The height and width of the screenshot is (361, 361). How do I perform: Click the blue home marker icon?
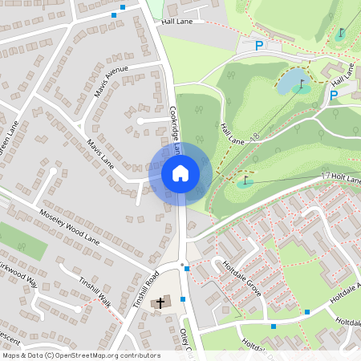pyautogui.click(x=180, y=172)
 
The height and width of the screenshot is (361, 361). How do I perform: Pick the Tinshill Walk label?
pyautogui.click(x=95, y=287)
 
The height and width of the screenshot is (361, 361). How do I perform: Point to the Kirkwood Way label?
pyautogui.click(x=18, y=273)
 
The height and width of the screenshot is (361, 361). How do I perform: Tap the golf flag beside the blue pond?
pyautogui.click(x=302, y=82)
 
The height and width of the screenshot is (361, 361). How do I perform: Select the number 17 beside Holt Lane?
pyautogui.click(x=325, y=175)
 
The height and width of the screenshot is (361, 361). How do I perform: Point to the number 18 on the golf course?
pyautogui.click(x=255, y=137)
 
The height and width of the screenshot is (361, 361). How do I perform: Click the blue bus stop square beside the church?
pyautogui.click(x=184, y=299)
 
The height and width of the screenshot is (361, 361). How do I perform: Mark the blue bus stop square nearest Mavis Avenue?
pyautogui.click(x=114, y=14)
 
